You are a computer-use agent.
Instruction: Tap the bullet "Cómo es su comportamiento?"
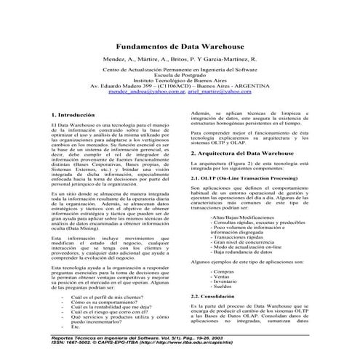[106, 304]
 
